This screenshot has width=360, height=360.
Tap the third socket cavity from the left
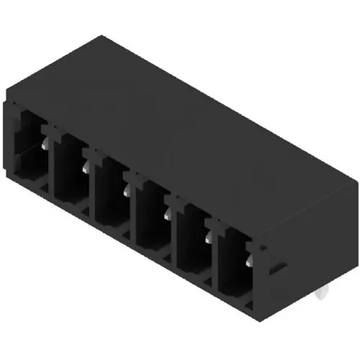coord(110,189)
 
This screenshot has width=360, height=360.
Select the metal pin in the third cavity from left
coord(127,189)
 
